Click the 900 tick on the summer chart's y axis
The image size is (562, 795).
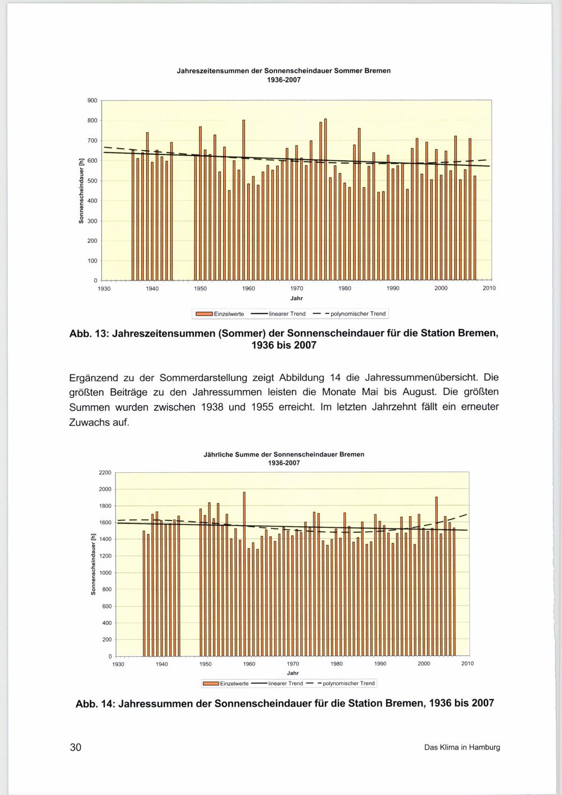click(x=92, y=101)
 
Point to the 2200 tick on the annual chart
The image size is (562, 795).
click(x=105, y=472)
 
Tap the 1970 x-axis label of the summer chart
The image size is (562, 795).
click(x=297, y=288)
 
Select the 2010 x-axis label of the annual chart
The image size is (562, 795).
click(x=468, y=664)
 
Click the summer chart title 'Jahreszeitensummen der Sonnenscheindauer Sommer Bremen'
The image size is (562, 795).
click(x=284, y=71)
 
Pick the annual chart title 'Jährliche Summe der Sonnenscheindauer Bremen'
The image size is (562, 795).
click(x=284, y=454)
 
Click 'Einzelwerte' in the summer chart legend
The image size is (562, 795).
click(x=228, y=314)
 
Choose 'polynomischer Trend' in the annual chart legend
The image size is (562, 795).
click(x=348, y=684)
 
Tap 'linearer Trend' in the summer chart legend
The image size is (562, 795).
click(x=287, y=314)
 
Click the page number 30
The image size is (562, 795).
click(x=75, y=747)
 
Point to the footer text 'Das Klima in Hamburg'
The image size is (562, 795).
click(x=462, y=748)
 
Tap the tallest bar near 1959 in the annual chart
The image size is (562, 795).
click(x=244, y=573)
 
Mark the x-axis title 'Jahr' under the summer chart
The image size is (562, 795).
click(x=297, y=298)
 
